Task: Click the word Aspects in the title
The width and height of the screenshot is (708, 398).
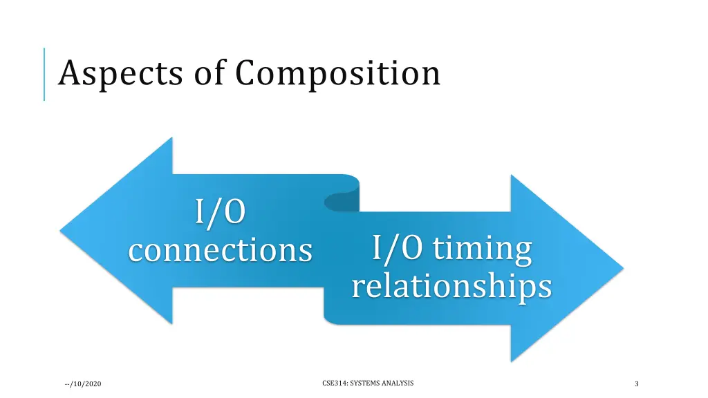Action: click(x=122, y=74)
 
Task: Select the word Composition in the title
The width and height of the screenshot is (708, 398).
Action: click(x=337, y=74)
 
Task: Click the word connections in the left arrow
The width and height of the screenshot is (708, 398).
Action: click(x=220, y=249)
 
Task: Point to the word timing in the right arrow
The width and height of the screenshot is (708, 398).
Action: click(x=482, y=249)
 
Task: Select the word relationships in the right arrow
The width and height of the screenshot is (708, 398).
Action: click(x=451, y=286)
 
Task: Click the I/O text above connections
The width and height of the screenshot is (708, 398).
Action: click(x=220, y=212)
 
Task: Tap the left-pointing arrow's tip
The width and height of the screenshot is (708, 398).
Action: click(x=64, y=229)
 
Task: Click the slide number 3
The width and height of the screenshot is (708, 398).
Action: click(x=636, y=383)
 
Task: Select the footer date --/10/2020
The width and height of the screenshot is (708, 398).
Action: click(x=81, y=383)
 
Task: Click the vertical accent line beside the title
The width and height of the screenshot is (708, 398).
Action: click(x=44, y=74)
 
